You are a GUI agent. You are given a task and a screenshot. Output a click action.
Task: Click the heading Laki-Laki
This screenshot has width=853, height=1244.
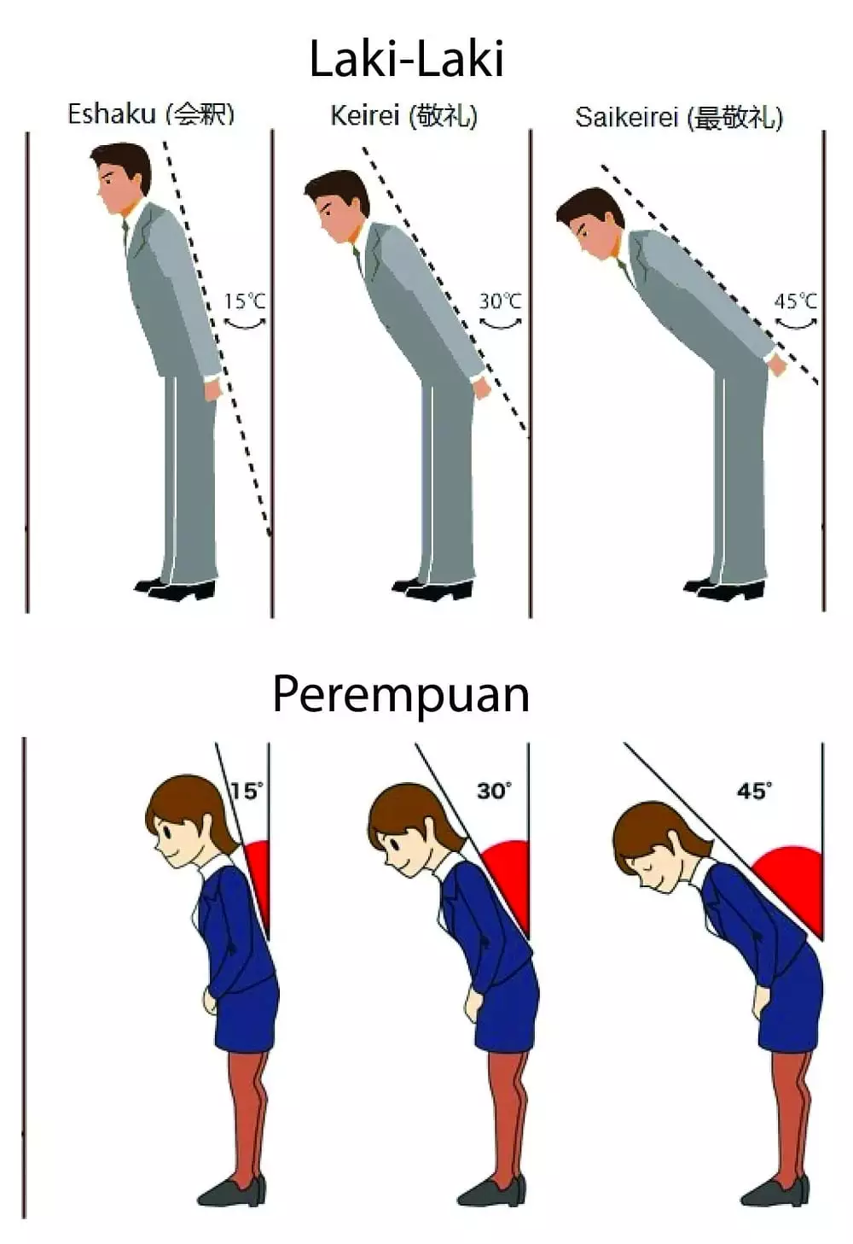tap(406, 60)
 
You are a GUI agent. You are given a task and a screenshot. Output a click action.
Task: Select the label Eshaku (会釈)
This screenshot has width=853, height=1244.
tap(151, 114)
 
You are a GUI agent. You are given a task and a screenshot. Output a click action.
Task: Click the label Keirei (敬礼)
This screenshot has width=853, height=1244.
tap(404, 117)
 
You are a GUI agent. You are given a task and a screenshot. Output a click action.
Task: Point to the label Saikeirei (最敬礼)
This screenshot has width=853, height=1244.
tap(679, 118)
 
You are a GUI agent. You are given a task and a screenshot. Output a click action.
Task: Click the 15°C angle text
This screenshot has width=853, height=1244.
tap(245, 301)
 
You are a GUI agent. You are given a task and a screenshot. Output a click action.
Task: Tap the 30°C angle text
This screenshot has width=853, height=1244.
tap(501, 301)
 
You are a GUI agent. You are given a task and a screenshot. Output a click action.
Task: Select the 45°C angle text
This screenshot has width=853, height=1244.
tap(796, 301)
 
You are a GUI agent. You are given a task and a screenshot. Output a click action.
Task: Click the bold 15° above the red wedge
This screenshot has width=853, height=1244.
tap(247, 791)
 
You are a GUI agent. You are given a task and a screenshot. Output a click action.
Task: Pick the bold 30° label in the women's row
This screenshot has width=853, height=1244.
tap(495, 791)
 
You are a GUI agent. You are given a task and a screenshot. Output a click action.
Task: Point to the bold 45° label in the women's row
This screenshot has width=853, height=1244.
tap(754, 791)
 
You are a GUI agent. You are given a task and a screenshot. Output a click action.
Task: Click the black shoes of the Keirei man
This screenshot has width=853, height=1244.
tap(433, 587)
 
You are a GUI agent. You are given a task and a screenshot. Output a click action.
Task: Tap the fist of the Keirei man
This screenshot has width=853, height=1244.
tap(481, 388)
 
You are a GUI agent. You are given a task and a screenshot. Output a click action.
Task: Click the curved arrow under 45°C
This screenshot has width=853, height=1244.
tap(797, 324)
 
